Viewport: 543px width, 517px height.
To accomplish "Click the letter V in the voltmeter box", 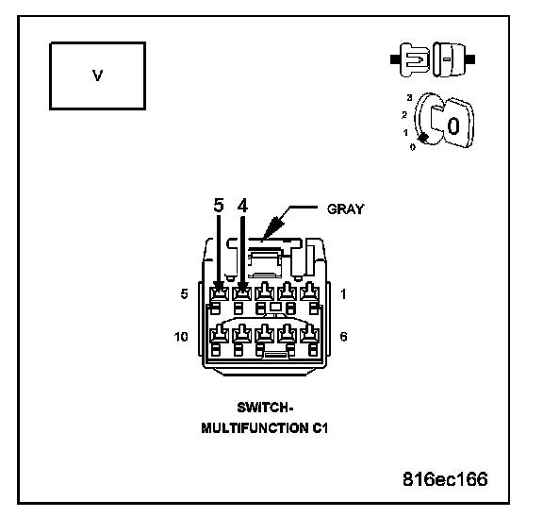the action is tap(98, 75).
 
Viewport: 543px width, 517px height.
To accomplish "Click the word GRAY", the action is tap(346, 208).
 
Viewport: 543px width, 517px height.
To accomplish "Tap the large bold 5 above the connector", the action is tap(219, 205).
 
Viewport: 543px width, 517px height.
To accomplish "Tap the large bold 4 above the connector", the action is tap(243, 205).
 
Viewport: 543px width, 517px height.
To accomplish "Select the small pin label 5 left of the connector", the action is tap(184, 293).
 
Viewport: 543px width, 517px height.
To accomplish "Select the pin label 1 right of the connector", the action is tap(343, 293).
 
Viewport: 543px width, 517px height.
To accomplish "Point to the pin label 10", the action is tap(181, 337).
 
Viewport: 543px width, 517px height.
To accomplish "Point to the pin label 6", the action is tap(343, 337).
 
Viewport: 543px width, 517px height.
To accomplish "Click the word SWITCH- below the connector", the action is tap(265, 408).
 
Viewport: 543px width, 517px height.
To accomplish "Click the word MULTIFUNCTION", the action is tap(255, 428).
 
